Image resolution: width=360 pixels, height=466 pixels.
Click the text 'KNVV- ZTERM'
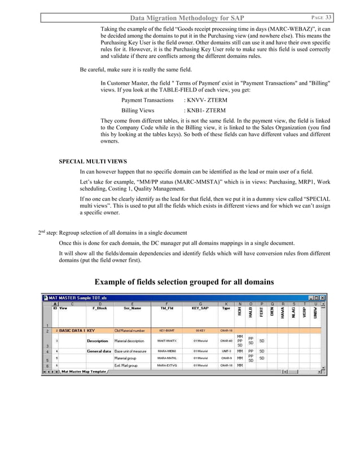pyautogui.click(x=202, y=100)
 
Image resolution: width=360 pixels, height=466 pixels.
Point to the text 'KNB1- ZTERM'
pyautogui.click(x=202, y=111)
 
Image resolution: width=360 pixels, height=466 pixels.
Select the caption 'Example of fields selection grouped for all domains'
pyautogui.click(x=184, y=282)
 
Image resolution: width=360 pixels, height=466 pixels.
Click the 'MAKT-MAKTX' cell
pyautogui.click(x=168, y=341)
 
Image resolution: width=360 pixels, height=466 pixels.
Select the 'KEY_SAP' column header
pyautogui.click(x=200, y=309)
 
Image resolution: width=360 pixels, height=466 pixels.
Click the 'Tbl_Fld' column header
pyautogui.click(x=168, y=309)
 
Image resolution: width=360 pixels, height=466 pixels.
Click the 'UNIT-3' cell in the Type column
pyautogui.click(x=226, y=351)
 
